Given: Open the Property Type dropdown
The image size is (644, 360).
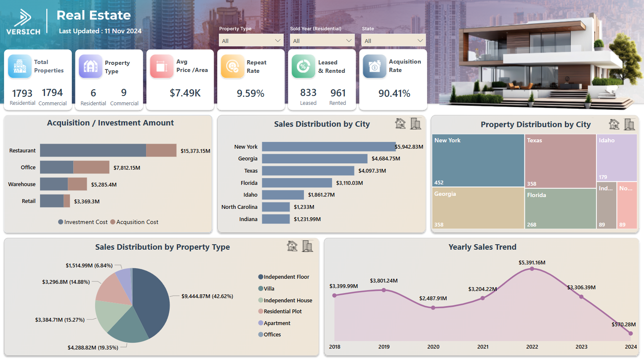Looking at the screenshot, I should (251, 40).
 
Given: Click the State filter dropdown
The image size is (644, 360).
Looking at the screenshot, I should (393, 40).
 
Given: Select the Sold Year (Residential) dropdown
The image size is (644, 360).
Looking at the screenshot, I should (322, 40).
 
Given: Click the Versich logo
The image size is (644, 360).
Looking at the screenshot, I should (24, 22).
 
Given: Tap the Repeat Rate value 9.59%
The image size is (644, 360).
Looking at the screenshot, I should (250, 93).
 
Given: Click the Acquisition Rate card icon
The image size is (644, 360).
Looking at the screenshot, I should (374, 67).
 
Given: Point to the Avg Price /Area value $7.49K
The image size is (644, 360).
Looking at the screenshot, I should (185, 93).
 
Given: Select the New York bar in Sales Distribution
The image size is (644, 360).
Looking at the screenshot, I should (328, 147).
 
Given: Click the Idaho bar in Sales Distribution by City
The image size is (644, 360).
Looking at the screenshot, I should (282, 195).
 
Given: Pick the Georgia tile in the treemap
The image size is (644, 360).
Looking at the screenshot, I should (478, 208).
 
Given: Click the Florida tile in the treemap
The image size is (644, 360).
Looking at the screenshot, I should (560, 208).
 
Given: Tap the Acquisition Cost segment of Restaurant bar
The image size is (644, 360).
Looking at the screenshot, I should (161, 150).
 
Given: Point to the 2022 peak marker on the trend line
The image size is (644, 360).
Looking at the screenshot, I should (532, 269).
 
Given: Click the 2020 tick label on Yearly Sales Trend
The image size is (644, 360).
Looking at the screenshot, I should (433, 347).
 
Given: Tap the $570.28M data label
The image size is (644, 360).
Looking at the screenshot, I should (623, 324).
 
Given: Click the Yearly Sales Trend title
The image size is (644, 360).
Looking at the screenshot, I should (482, 247).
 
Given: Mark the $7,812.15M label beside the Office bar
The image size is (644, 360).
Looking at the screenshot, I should (127, 168).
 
